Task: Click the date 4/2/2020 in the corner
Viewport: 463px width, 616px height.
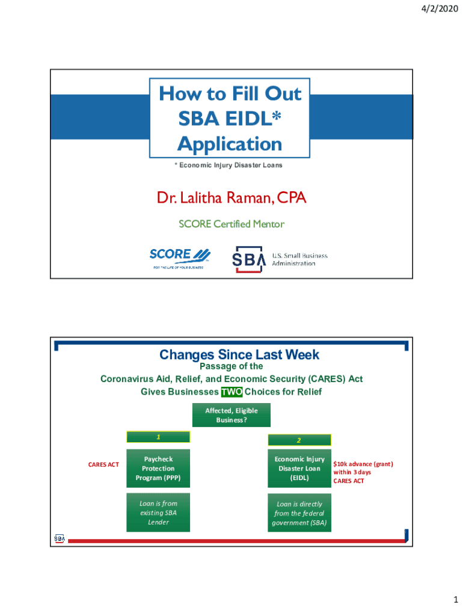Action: (x=440, y=8)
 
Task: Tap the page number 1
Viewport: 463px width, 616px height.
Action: (x=456, y=600)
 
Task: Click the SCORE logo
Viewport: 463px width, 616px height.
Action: (x=180, y=258)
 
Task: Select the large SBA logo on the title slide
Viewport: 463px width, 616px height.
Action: (x=248, y=259)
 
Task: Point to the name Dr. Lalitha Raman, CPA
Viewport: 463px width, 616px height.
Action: (x=231, y=197)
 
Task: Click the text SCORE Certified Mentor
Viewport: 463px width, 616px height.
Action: (x=231, y=224)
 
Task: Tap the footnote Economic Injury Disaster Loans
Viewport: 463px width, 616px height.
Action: (x=230, y=165)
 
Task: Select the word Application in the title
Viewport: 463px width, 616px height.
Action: (x=230, y=144)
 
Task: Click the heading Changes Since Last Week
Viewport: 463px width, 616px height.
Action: (x=239, y=354)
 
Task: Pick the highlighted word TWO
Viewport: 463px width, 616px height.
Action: (x=231, y=392)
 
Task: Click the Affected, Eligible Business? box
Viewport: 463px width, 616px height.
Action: (x=231, y=415)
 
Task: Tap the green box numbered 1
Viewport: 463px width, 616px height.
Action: (x=158, y=437)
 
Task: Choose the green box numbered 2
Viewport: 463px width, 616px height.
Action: (x=299, y=440)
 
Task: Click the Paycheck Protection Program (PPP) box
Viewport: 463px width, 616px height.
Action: (x=158, y=468)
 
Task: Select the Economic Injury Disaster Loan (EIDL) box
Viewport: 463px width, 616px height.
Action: (x=299, y=468)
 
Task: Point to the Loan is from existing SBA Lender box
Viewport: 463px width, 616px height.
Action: (x=158, y=513)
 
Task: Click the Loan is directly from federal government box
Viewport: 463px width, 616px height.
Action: (x=299, y=513)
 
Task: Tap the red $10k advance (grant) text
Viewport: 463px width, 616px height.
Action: (x=363, y=464)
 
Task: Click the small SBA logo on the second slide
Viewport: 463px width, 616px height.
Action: (x=60, y=538)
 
